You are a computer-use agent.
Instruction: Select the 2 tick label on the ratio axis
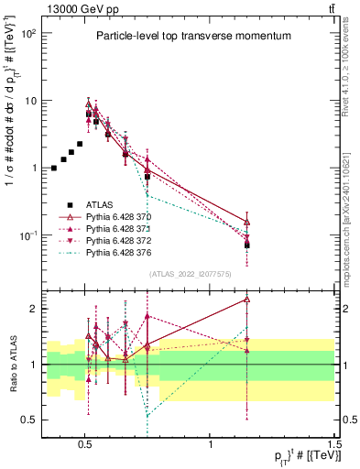(x=33, y=309)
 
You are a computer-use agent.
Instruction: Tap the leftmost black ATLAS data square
(x=54, y=169)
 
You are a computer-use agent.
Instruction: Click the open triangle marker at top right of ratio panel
(x=247, y=299)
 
